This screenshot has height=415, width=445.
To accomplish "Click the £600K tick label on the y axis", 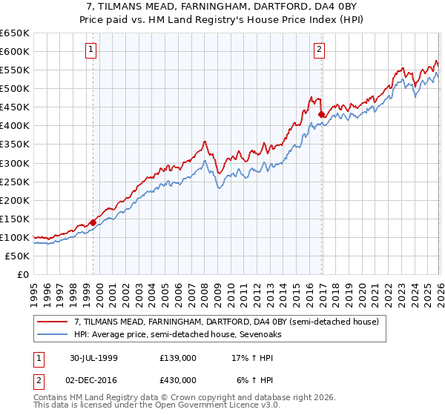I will pyautogui.click(x=15, y=51).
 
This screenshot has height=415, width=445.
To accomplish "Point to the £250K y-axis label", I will pyautogui.click(x=15, y=182).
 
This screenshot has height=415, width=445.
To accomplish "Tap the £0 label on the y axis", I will pyautogui.click(x=22, y=274).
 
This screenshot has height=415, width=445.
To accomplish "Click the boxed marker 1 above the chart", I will pyautogui.click(x=90, y=50).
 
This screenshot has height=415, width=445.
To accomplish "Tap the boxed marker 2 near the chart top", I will pyautogui.click(x=319, y=50).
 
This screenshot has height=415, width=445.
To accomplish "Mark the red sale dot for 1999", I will pyautogui.click(x=93, y=222).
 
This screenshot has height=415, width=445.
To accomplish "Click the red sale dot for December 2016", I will pyautogui.click(x=321, y=115).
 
